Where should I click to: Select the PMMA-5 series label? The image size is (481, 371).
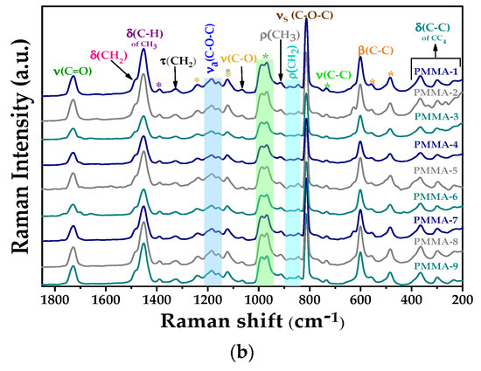(440, 170)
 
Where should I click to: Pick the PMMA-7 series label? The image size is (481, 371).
(440, 219)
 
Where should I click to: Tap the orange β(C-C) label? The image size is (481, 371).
(373, 49)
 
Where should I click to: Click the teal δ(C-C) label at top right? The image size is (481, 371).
(435, 17)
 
